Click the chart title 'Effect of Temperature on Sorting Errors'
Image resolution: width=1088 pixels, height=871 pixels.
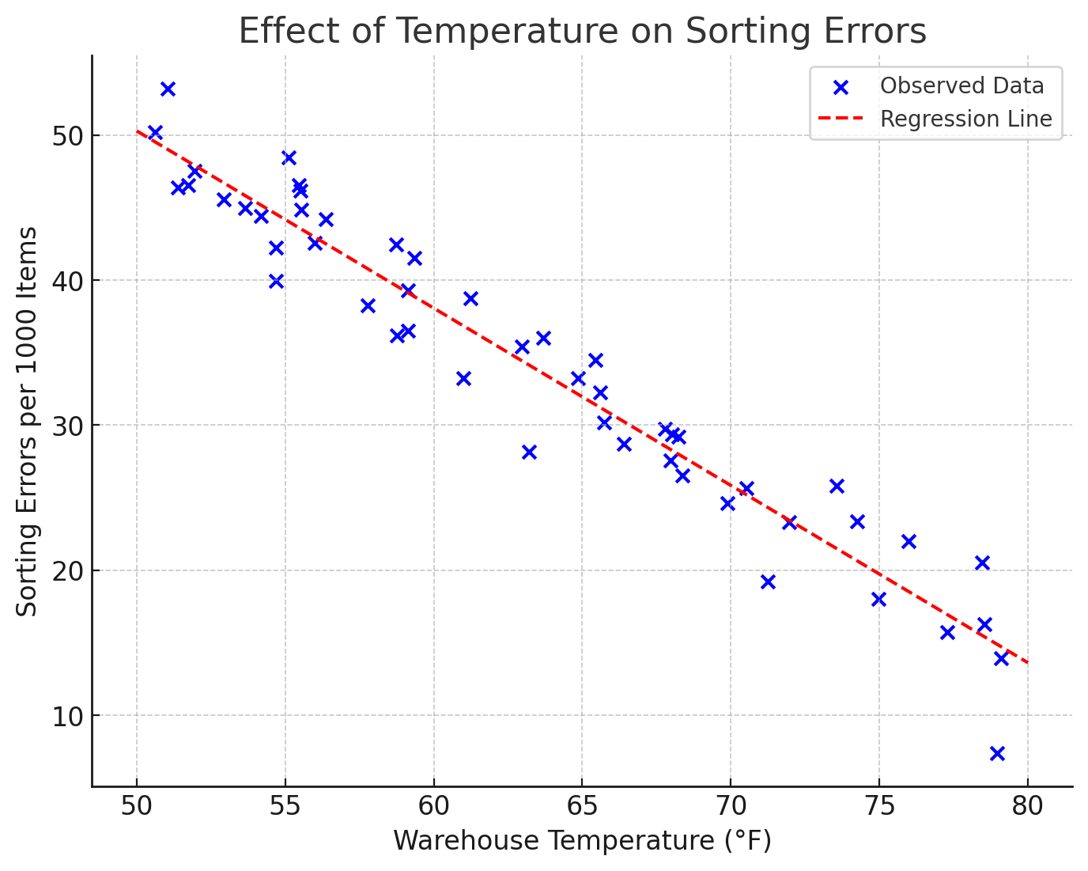click(582, 32)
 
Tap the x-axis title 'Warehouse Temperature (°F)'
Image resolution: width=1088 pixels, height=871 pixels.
click(582, 841)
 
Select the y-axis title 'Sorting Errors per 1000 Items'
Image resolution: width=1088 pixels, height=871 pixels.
click(28, 421)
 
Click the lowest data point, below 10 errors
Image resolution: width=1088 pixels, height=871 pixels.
click(997, 753)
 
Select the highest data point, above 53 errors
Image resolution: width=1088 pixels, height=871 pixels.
click(168, 89)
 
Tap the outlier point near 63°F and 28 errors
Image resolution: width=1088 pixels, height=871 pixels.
click(529, 452)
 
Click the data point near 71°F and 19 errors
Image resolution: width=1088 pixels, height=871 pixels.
click(768, 581)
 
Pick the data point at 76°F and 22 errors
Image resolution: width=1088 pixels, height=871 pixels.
click(909, 541)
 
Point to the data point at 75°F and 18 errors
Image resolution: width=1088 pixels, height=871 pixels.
click(878, 599)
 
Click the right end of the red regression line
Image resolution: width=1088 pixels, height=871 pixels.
click(1027, 663)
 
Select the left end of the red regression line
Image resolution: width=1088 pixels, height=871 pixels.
click(137, 131)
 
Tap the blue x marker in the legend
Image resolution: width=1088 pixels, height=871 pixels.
click(841, 87)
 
